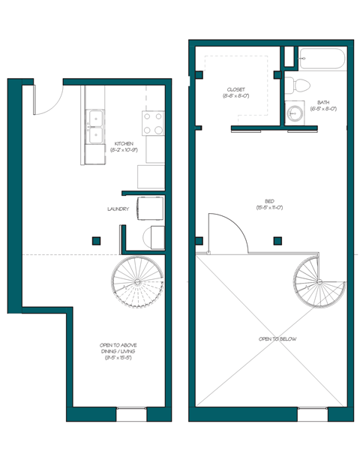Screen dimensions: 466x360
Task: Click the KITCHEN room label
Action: pyautogui.click(x=124, y=143)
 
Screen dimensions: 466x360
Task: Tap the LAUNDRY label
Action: pyautogui.click(x=118, y=209)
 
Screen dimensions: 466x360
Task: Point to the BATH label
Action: pyautogui.click(x=322, y=102)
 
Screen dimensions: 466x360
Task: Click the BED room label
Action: pyautogui.click(x=269, y=200)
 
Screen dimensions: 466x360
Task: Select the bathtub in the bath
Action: pyautogui.click(x=320, y=59)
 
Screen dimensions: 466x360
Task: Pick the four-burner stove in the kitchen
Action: pyautogui.click(x=153, y=123)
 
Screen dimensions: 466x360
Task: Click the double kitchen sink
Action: pyautogui.click(x=95, y=128)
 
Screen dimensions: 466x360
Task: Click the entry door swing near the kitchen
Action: pyautogui.click(x=46, y=100)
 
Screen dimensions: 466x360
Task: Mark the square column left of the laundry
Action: pyautogui.click(x=96, y=241)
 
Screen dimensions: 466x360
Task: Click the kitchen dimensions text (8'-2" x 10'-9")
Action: pyautogui.click(x=124, y=151)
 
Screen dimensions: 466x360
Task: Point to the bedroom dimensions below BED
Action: pyautogui.click(x=269, y=207)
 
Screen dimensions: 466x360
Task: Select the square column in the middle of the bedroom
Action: pyautogui.click(x=277, y=241)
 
